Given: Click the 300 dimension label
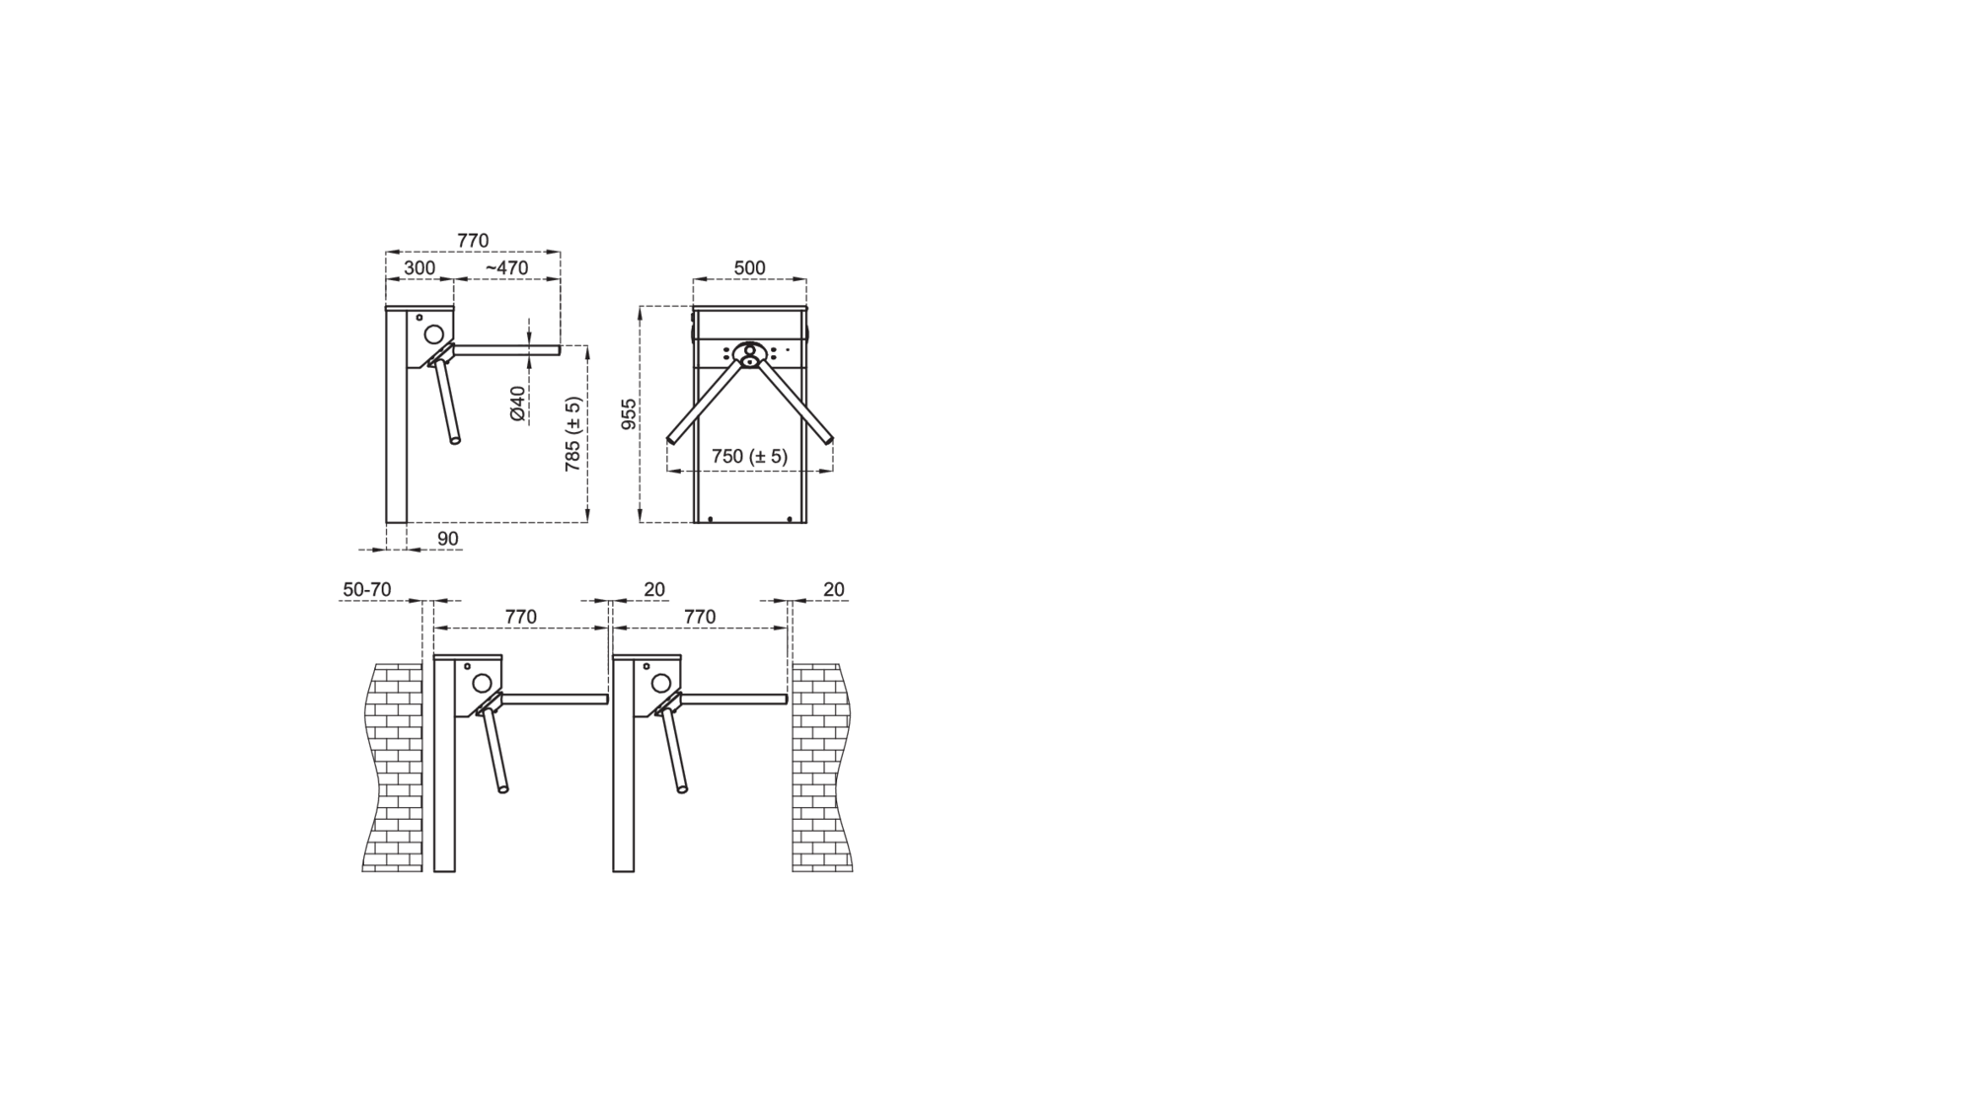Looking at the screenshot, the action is [419, 267].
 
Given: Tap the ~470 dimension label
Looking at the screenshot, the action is [506, 267].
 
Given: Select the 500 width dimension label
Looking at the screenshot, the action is [749, 267].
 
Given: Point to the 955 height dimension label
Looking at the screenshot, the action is [629, 414].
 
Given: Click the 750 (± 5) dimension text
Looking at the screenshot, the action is [749, 456].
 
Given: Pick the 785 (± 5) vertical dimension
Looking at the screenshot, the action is [572, 434].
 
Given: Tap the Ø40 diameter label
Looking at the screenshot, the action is [517, 405].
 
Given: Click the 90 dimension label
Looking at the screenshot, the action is [447, 539].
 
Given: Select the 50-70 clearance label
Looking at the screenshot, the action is [367, 589].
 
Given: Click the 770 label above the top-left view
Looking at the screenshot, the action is [473, 240].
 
